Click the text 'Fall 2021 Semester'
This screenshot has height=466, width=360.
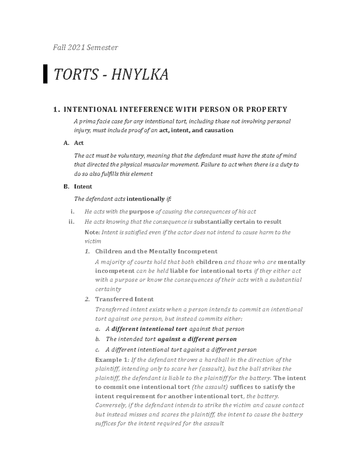(x=85, y=47)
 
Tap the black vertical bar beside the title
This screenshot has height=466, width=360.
(x=45, y=74)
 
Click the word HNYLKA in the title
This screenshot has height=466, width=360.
(x=139, y=74)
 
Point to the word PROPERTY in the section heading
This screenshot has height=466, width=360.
(x=267, y=109)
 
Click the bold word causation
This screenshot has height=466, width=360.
(x=219, y=130)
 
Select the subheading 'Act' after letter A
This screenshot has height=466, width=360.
(x=79, y=143)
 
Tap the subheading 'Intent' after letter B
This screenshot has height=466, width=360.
(x=83, y=187)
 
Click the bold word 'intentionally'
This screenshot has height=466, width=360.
(x=146, y=199)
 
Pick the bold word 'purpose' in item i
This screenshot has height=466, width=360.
(x=141, y=212)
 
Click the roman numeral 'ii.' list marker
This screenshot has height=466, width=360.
(x=71, y=222)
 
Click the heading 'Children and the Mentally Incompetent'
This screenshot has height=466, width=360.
(x=156, y=251)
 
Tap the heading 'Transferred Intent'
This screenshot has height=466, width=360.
(x=124, y=299)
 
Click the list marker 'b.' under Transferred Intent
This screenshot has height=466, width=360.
(x=97, y=339)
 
